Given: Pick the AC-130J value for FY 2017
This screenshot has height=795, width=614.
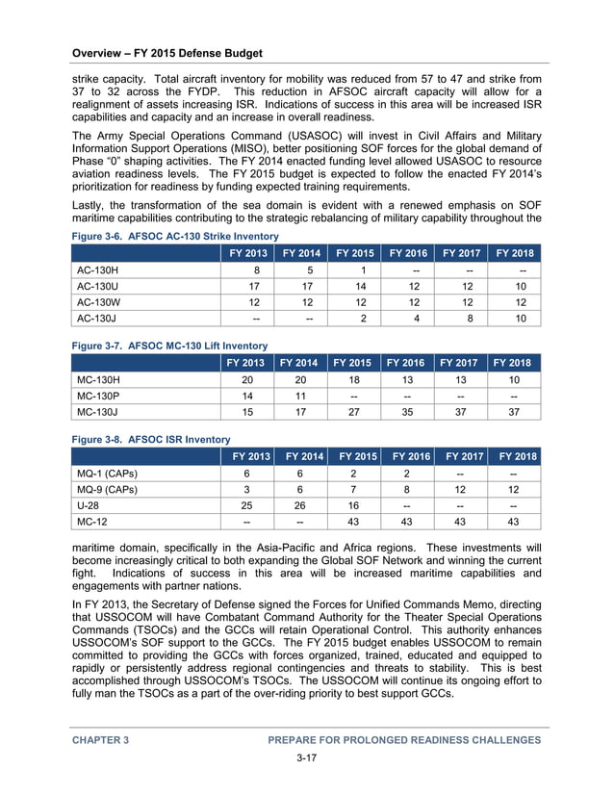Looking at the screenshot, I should (x=466, y=319).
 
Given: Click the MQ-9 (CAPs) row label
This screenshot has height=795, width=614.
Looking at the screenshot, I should (x=107, y=490).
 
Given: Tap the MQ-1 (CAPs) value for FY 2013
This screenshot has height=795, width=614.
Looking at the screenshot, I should (x=247, y=474).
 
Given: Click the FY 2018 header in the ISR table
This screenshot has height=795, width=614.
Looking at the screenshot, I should (x=517, y=456).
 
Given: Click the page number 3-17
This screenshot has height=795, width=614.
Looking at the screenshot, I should (x=306, y=758).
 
